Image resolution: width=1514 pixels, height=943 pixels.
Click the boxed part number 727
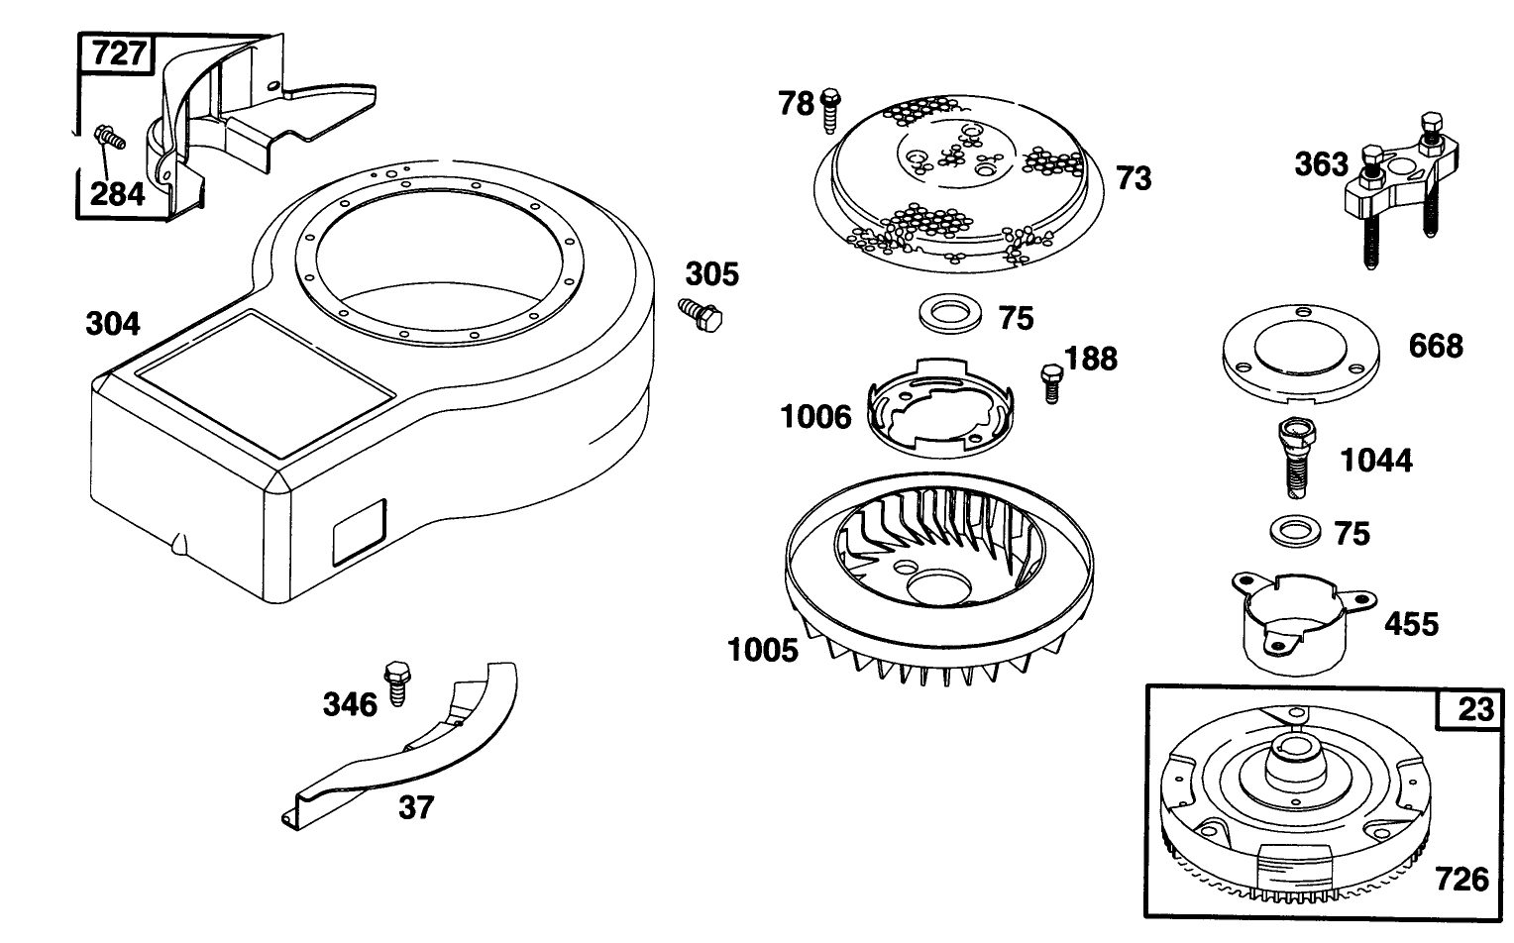[117, 53]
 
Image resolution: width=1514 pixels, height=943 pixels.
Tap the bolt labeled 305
[701, 315]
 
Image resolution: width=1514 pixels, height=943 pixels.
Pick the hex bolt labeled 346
[397, 680]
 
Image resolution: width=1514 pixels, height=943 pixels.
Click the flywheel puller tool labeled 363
[1396, 183]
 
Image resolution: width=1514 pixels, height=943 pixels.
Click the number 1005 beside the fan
[762, 651]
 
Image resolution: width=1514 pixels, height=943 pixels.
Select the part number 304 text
[113, 324]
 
